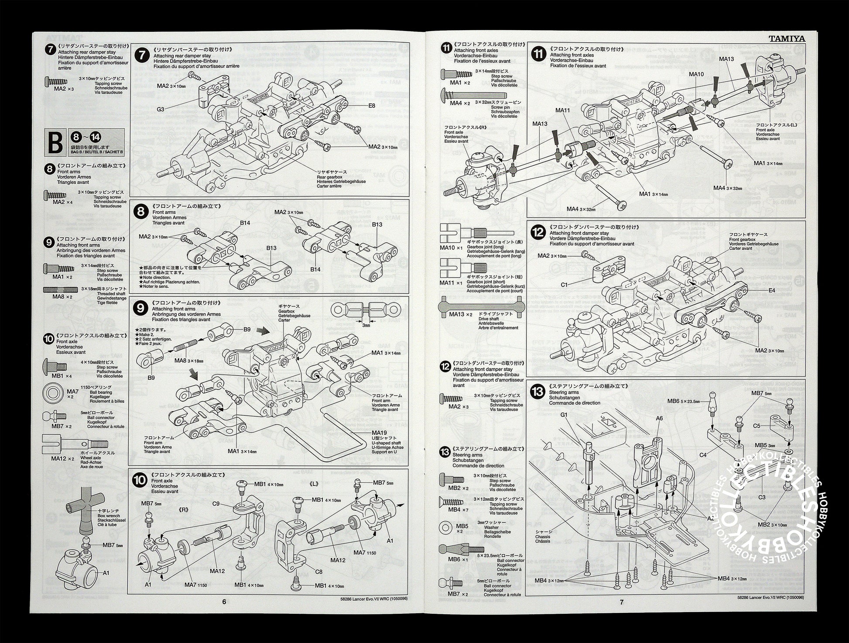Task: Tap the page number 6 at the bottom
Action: pos(224,602)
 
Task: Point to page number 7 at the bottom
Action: pos(622,602)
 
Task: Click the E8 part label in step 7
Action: pos(372,106)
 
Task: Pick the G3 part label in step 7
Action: pos(161,109)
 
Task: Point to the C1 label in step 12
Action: pos(564,285)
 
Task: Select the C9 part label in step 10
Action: pos(216,504)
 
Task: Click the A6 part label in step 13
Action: pos(659,418)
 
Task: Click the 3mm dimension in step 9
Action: pos(366,325)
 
